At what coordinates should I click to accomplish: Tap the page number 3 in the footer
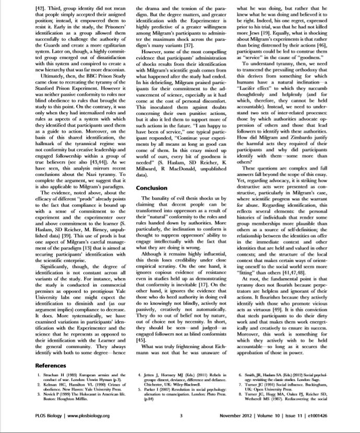179,416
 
